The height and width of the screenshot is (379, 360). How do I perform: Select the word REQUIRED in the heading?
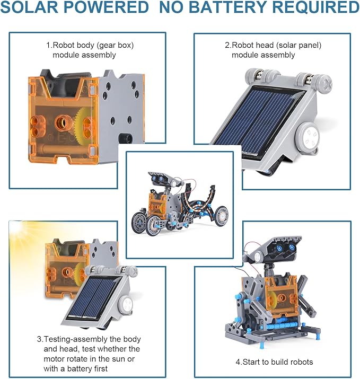click(322, 7)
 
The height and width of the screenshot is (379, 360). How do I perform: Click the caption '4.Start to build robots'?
click(274, 362)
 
